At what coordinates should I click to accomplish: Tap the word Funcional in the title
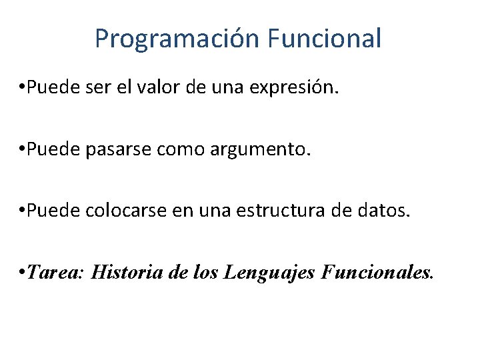(x=325, y=39)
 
